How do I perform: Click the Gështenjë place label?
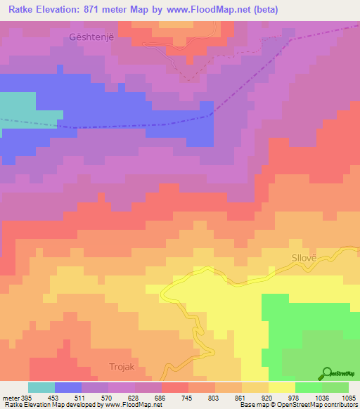pyautogui.click(x=89, y=37)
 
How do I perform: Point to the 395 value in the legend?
pyautogui.click(x=21, y=397)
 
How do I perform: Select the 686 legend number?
pyautogui.click(x=160, y=397)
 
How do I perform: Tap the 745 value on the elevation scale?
pyautogui.click(x=188, y=397)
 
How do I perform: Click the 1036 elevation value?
pyautogui.click(x=324, y=397)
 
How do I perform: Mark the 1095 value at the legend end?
pyautogui.click(x=349, y=397)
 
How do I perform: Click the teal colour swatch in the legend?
pyautogui.click(x=41, y=387)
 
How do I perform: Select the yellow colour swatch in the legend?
pyautogui.click(x=282, y=387)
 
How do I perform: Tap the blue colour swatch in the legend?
pyautogui.click(x=68, y=387)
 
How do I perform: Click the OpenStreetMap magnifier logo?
pyautogui.click(x=326, y=374)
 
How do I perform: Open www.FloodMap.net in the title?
pyautogui.click(x=217, y=10)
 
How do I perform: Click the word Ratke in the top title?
pyautogui.click(x=24, y=10)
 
